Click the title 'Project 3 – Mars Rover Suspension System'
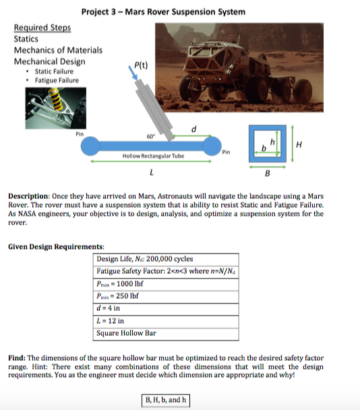pyautogui.click(x=163, y=11)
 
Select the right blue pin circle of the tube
pyautogui.click(x=213, y=144)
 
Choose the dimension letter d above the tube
pyautogui.click(x=194, y=127)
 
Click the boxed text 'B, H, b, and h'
pyautogui.click(x=164, y=400)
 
